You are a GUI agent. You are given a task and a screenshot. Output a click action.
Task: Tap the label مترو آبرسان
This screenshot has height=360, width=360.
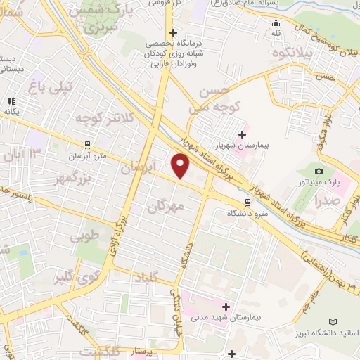point(87,156)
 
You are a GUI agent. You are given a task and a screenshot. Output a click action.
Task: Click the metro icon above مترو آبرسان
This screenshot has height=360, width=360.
point(87,145)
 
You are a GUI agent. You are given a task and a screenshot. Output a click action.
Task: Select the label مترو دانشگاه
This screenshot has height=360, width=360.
point(247,212)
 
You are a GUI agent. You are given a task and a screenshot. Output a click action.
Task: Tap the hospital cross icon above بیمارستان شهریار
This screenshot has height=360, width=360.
point(243,134)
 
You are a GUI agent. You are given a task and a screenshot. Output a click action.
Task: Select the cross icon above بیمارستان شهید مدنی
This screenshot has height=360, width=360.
point(226,307)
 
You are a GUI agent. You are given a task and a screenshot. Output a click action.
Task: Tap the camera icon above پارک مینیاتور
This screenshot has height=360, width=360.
point(319,172)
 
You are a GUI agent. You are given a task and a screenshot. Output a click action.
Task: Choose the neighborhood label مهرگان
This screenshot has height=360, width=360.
point(166,205)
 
